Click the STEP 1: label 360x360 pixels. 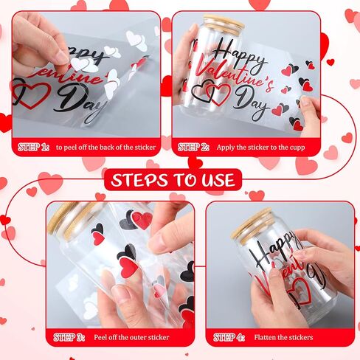[x=33, y=148]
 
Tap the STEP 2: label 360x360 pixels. [x=194, y=148]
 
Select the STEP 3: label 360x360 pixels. [x=69, y=337]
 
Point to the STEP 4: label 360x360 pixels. [x=229, y=337]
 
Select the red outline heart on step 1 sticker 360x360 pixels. [x=33, y=94]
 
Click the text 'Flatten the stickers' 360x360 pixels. [x=283, y=337]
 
